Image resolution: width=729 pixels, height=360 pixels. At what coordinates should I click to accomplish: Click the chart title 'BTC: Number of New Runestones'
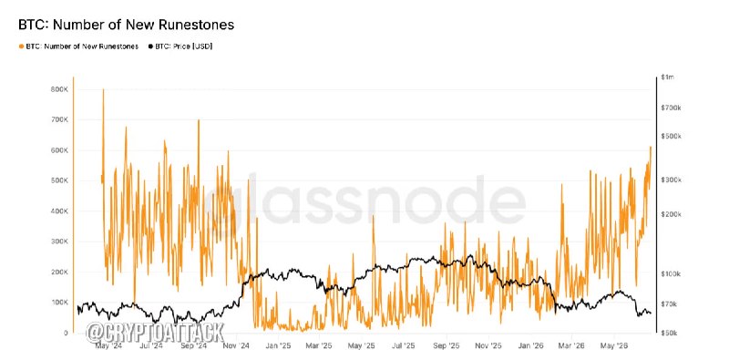tap(126, 25)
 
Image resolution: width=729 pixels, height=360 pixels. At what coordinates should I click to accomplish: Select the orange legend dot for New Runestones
tap(21, 46)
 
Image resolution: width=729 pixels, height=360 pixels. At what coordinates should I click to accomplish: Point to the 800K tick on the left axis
tap(59, 89)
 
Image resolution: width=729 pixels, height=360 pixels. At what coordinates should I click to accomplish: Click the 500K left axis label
tap(59, 180)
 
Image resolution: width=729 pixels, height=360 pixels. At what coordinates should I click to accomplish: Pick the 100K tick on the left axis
tap(59, 303)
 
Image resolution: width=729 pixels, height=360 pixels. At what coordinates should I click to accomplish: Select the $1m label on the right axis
tap(667, 77)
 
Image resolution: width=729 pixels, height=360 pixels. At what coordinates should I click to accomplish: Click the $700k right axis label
tap(671, 108)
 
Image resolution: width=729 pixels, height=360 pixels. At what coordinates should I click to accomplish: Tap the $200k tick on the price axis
tap(671, 214)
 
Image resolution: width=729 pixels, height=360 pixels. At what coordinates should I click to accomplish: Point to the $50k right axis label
tap(669, 333)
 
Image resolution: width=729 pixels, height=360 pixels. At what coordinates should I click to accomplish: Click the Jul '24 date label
tap(151, 345)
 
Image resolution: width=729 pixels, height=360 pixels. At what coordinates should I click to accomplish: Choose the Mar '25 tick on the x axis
tap(320, 345)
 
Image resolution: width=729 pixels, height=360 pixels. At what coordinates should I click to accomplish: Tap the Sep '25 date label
tap(447, 345)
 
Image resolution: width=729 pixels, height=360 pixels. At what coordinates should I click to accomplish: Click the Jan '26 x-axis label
tap(529, 345)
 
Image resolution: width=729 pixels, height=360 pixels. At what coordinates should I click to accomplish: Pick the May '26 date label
tap(613, 345)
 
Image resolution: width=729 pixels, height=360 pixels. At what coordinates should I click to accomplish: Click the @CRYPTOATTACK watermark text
tap(155, 332)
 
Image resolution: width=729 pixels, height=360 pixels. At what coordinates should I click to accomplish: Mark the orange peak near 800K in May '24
tap(103, 88)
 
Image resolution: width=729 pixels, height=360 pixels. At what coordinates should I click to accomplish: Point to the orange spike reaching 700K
tap(199, 120)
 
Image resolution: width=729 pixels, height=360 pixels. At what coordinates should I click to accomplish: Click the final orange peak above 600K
tap(651, 147)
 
